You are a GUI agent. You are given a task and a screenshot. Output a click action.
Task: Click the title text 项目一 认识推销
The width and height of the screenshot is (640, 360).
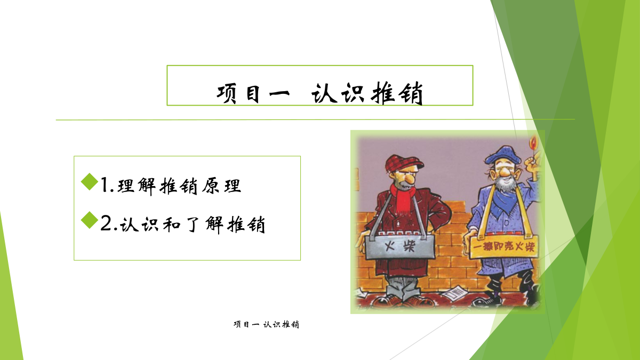pos(319,93)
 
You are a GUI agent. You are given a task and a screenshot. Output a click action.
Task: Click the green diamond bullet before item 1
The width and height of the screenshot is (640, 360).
pos(90,181)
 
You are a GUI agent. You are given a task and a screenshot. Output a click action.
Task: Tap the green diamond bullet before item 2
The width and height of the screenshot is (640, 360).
pos(90,220)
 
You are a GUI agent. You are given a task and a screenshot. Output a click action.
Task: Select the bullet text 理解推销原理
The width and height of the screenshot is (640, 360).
pos(179,186)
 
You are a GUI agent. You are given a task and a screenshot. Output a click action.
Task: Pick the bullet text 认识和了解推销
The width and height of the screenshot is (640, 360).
pos(193,225)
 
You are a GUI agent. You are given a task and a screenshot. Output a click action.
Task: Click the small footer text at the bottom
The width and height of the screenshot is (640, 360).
pos(266,324)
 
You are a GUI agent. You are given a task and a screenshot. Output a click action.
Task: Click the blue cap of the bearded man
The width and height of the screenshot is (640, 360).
pos(502,155)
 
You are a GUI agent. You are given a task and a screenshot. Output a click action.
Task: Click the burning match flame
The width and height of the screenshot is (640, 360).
pos(533,143)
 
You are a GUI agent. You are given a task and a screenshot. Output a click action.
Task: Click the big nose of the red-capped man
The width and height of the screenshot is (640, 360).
pos(410,179)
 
